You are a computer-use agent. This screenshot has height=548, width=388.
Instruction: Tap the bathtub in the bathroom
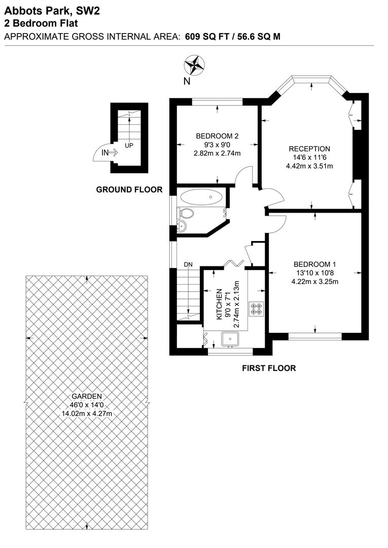pos(201,197)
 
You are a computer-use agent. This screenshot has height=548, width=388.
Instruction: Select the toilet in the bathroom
pos(185,213)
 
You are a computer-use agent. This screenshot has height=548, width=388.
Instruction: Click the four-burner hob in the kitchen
pos(256,308)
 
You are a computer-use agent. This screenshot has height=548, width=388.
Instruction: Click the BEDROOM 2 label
pos(217,136)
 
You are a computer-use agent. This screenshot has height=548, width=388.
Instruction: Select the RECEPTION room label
pos(309,149)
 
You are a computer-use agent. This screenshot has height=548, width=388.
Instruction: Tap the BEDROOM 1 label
pos(315,264)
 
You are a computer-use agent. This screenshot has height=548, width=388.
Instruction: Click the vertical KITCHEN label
pos(220,304)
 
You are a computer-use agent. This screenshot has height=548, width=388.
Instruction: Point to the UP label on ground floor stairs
pos(129,146)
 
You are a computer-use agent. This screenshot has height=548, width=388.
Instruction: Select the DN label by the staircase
pos(188,264)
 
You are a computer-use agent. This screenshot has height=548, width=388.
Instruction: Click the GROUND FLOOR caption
pos(129,190)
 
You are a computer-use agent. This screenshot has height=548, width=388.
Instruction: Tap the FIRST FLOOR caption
pos(269,368)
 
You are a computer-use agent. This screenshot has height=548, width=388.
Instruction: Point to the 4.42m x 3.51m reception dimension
pos(309,166)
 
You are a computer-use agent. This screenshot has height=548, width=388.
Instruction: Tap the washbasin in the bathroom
pos(183,226)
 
